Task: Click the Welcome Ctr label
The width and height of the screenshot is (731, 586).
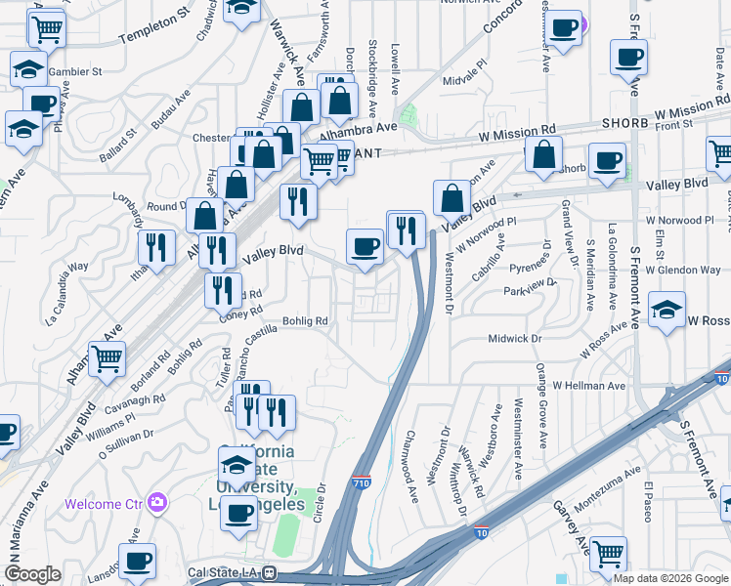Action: [x=104, y=504]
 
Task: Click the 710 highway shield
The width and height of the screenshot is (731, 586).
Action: [x=360, y=481]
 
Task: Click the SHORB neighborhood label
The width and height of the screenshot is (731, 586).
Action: [x=624, y=124]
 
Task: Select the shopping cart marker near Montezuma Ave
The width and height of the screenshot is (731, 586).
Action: [x=608, y=554]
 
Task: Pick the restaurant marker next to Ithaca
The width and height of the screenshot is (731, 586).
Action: [x=156, y=248]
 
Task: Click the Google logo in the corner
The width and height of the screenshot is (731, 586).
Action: [x=32, y=574]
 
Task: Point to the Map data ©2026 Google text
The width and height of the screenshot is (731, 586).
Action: [x=670, y=578]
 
